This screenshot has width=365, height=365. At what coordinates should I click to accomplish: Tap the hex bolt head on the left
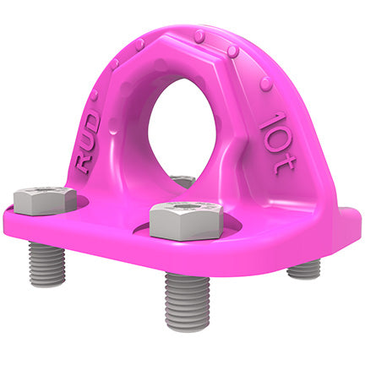pos(46,201)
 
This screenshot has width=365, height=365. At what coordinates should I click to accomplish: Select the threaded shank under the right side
pos(303,270)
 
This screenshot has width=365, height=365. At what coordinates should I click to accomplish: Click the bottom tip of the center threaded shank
pos(188,324)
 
